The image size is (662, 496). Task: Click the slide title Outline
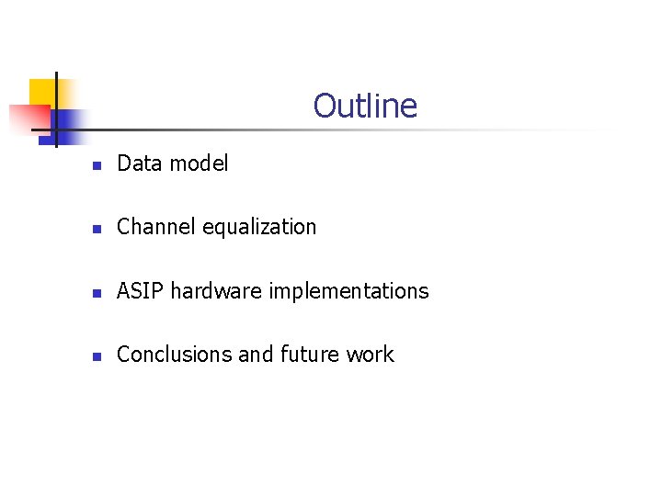pos(365,106)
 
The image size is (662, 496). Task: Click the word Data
pos(138,163)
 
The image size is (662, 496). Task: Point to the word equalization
pos(258,227)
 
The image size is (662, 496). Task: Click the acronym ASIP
pos(141,291)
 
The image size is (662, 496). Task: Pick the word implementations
pos(349,291)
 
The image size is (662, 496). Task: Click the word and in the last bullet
pos(256,355)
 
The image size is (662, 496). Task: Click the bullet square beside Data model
pos(96,165)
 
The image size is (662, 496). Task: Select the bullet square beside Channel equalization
pos(96,229)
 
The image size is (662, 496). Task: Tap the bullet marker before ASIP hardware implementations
pos(96,293)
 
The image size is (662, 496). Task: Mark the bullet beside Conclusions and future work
pos(96,356)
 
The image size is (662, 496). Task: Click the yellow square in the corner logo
pos(42,92)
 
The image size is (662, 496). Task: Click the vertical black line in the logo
pos(56,108)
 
